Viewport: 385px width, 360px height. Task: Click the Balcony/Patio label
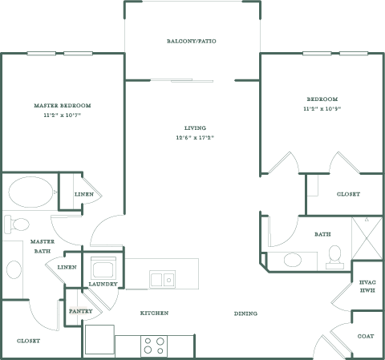(192, 41)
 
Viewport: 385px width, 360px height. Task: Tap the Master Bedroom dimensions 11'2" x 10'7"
(63, 115)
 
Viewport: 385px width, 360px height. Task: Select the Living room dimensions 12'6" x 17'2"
(195, 138)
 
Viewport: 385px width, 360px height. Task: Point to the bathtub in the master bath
(30, 192)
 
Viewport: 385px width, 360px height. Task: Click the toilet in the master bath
(17, 224)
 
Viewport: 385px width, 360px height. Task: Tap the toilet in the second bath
(334, 257)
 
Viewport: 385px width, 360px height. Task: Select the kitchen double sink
(163, 279)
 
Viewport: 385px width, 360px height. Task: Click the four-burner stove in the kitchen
(154, 346)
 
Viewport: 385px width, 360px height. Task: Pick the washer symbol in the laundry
(103, 269)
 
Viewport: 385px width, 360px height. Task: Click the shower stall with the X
(367, 238)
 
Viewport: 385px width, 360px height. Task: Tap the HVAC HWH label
(367, 286)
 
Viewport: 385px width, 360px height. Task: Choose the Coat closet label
(366, 336)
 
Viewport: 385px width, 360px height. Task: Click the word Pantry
(80, 311)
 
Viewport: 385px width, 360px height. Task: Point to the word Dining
(245, 313)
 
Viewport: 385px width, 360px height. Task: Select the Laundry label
(103, 284)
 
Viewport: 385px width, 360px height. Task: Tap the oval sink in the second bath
(293, 260)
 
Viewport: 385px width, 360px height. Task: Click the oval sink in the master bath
(14, 269)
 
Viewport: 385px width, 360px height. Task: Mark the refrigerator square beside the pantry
(99, 339)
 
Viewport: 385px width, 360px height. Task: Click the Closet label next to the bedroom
(348, 194)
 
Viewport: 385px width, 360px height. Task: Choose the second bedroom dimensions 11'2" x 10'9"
(322, 109)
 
